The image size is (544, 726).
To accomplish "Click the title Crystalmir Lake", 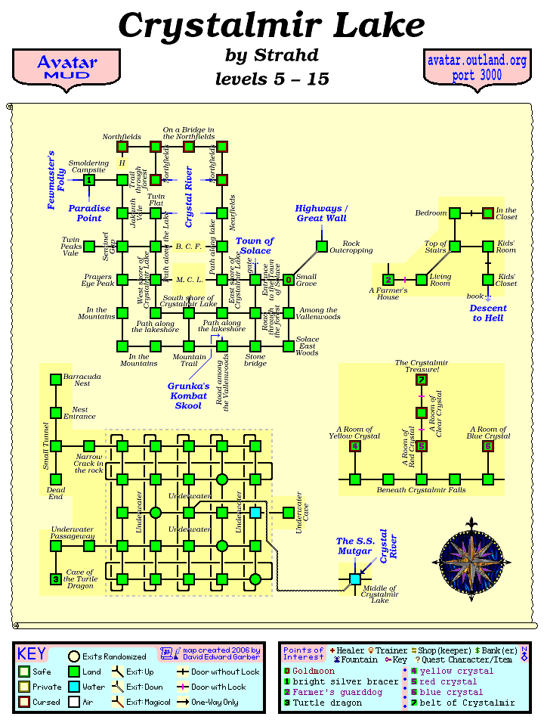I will tap(272, 26).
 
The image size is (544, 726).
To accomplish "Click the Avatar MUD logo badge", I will tap(66, 67).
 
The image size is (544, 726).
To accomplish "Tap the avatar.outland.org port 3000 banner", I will tap(477, 67).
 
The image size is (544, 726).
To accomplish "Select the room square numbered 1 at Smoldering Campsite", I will tap(89, 180).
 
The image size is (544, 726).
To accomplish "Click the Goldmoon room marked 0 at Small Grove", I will tap(289, 279).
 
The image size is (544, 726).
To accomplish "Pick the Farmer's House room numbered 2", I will tap(388, 279).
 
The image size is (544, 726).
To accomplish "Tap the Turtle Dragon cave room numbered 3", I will tap(56, 579).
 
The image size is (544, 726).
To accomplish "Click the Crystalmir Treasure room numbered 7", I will tap(422, 380).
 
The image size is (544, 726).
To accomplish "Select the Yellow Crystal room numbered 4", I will tap(355, 446).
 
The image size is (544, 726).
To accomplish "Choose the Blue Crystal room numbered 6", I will tap(488, 446).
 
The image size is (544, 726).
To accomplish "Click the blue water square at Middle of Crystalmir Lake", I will tap(355, 579).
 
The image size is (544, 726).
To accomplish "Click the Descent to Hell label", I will tap(488, 313).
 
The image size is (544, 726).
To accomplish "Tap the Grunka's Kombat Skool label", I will tap(188, 396).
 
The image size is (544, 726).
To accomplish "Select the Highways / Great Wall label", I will tap(321, 213).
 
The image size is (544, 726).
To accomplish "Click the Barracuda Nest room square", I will tap(56, 380).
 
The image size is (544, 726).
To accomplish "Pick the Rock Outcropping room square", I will tap(322, 246).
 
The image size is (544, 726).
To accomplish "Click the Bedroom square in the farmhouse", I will tap(455, 213).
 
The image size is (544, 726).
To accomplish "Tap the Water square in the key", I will tap(74, 687).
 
